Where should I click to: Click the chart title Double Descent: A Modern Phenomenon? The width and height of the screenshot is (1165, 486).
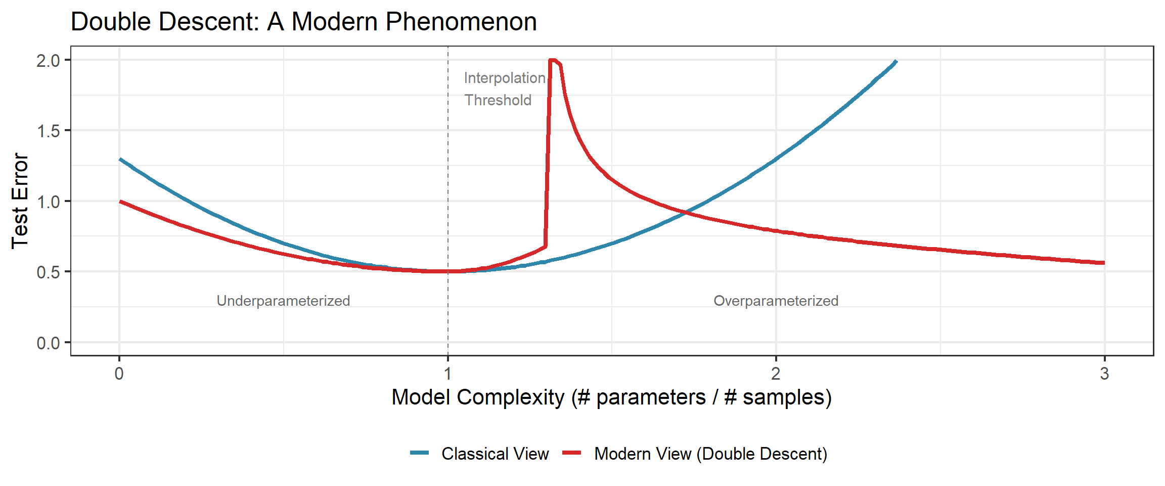303,22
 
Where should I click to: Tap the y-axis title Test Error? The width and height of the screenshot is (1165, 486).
20,201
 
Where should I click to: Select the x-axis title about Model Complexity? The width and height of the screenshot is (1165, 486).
611,397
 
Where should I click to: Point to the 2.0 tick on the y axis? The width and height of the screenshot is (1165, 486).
48,61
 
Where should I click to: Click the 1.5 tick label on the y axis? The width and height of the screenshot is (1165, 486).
48,131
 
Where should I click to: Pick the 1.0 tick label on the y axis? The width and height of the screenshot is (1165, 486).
48,201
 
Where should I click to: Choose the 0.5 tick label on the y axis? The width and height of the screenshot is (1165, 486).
48,272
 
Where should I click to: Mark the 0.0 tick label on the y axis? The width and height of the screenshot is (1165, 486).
48,343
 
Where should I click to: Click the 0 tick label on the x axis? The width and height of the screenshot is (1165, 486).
119,374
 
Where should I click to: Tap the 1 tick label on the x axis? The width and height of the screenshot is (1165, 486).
447,374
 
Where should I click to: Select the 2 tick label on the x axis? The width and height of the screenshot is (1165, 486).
776,374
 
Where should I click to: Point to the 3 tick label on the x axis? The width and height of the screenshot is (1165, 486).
1104,374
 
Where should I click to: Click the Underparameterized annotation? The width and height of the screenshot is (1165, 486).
283,301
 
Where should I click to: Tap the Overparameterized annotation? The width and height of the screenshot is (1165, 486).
776,301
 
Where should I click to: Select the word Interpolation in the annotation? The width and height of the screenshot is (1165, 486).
505,78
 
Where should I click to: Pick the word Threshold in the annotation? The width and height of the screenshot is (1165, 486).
498,100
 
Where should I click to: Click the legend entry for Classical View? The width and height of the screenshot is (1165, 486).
479,454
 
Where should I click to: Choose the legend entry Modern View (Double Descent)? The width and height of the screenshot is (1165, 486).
695,454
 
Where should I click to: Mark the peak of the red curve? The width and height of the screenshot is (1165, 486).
553,60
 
